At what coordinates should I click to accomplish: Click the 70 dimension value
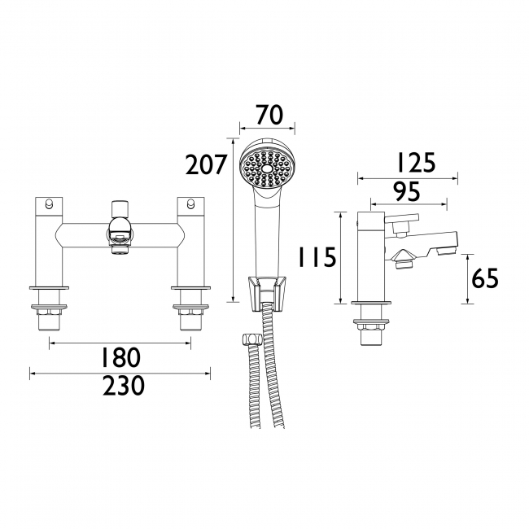(x=269, y=115)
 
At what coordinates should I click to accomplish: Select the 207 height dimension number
(x=205, y=164)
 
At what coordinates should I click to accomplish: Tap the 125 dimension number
(x=416, y=163)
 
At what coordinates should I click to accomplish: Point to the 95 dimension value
(x=408, y=191)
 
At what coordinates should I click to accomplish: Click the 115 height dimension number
(x=317, y=256)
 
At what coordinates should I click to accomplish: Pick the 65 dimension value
(x=485, y=278)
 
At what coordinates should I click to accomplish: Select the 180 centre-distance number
(x=120, y=357)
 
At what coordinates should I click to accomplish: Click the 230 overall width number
(x=124, y=386)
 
